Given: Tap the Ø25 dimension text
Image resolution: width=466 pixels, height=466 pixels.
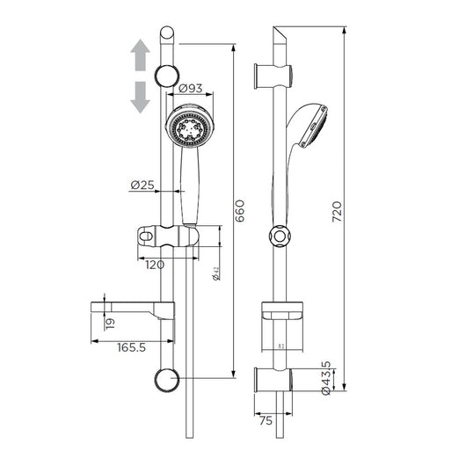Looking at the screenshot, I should click(x=143, y=185).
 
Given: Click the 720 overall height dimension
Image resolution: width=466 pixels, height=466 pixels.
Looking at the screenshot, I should click(x=350, y=212).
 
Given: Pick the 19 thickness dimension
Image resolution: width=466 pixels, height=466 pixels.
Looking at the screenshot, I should click(x=109, y=323).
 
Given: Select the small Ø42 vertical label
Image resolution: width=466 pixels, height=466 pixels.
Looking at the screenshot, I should click(x=215, y=275).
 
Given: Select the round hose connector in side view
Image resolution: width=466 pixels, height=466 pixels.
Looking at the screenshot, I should click(x=279, y=238).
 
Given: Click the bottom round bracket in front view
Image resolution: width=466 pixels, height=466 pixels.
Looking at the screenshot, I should click(x=165, y=380).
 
